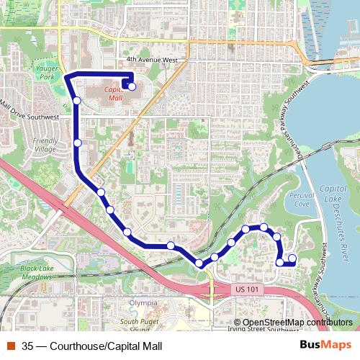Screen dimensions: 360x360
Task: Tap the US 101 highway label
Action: tap(246, 289)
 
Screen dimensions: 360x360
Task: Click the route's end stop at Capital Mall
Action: tap(132, 86)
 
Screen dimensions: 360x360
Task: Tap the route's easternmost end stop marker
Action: tap(292, 258)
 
